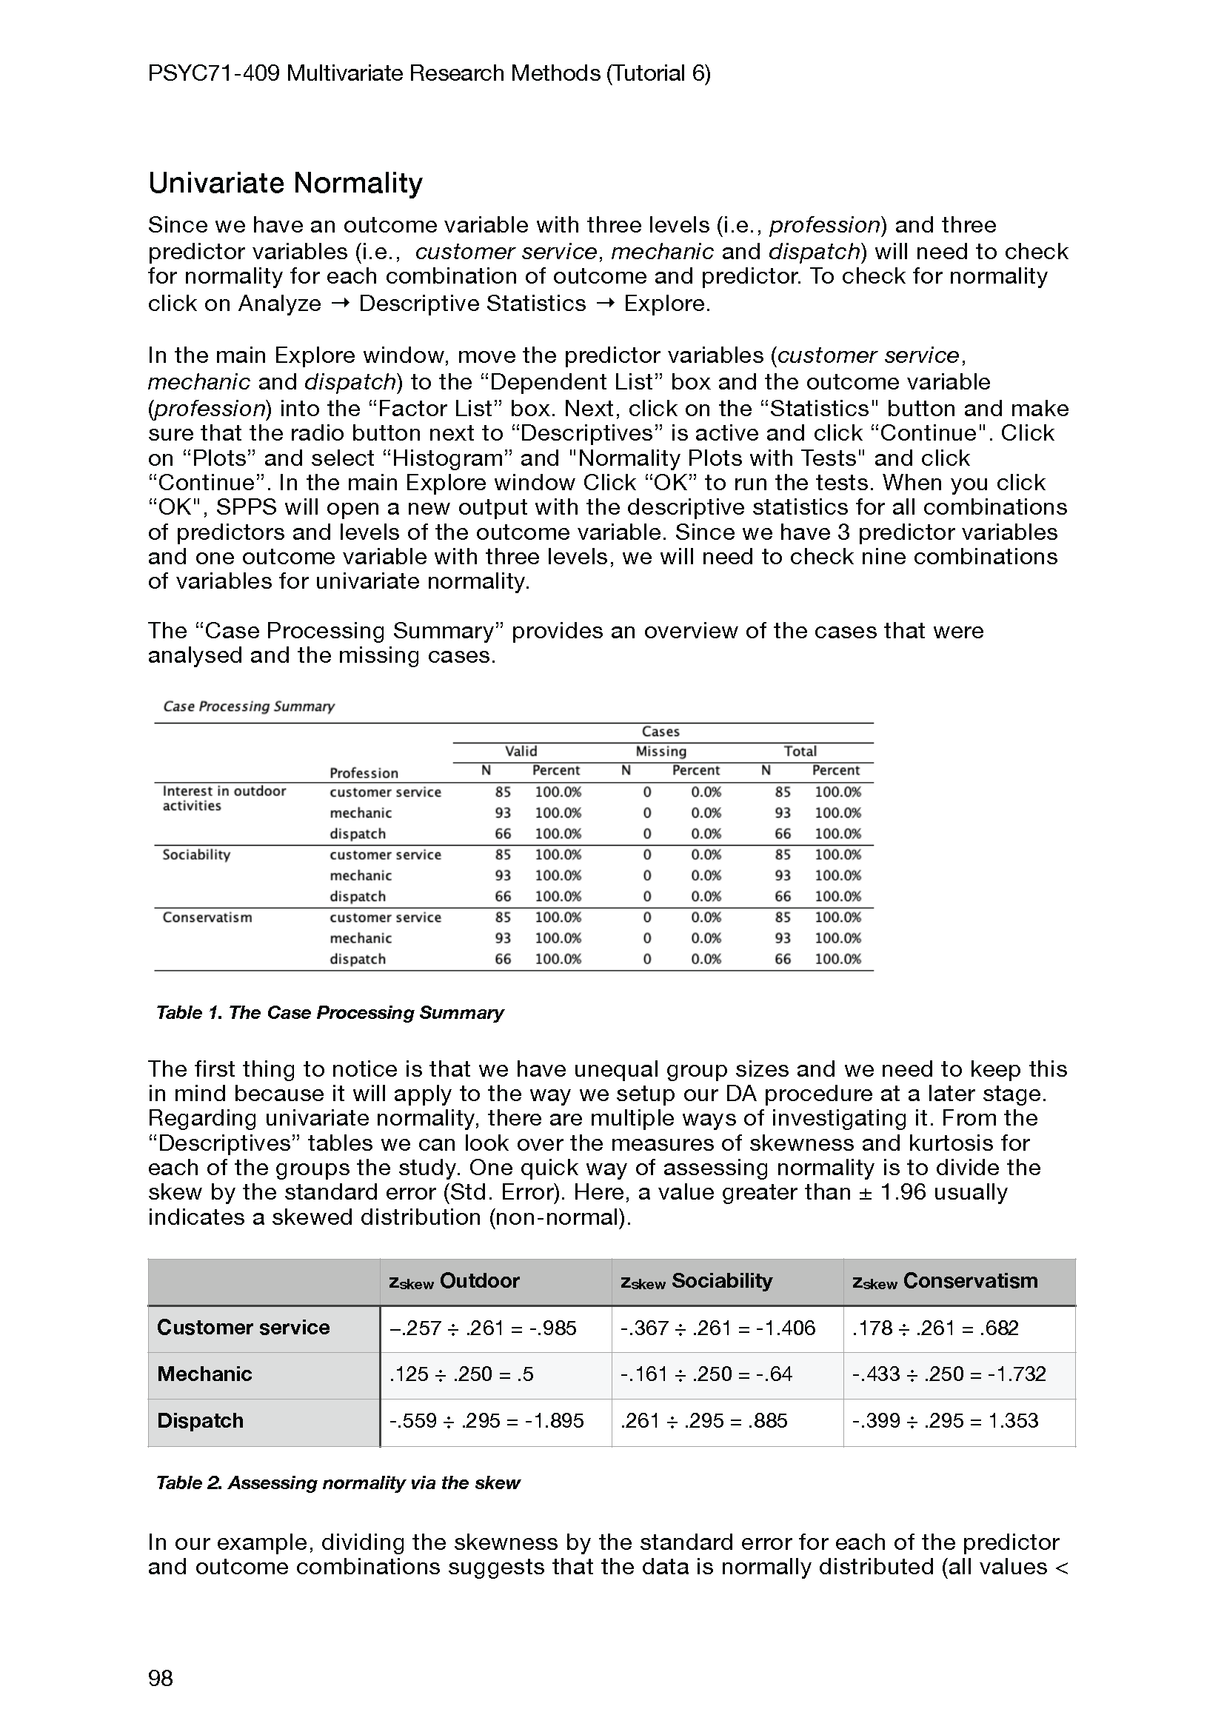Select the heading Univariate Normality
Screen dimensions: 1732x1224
coord(285,184)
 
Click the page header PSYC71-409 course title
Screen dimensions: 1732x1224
coord(429,73)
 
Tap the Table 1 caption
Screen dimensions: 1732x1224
coord(330,1012)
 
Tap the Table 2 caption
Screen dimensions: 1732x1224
coord(338,1482)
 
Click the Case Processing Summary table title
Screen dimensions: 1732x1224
coord(249,706)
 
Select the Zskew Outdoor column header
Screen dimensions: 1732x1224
coord(454,1281)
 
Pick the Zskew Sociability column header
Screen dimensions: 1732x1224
coord(696,1281)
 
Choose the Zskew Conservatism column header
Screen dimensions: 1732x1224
coord(945,1281)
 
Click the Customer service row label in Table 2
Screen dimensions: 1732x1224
coord(243,1328)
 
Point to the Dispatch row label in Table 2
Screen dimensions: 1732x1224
coord(200,1420)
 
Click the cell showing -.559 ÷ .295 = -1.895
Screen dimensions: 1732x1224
coord(486,1420)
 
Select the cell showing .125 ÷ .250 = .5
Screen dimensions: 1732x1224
coord(461,1374)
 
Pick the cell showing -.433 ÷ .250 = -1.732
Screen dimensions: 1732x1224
coord(949,1374)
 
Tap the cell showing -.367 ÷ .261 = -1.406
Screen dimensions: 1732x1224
coord(718,1328)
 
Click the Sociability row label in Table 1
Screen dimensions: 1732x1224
coord(196,855)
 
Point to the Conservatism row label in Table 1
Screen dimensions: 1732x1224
coord(207,917)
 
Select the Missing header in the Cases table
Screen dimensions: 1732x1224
coord(661,752)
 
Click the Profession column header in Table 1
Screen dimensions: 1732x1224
coord(364,772)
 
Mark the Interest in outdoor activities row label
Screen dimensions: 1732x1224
coord(224,798)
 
